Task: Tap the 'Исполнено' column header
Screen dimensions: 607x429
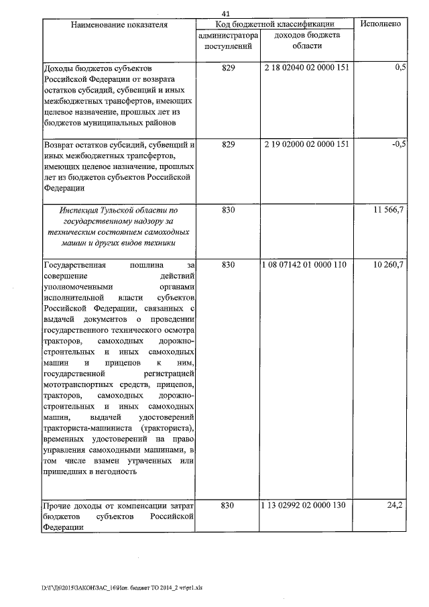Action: point(381,24)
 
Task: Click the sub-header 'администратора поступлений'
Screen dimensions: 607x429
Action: point(228,40)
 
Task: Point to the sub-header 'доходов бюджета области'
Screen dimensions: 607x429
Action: point(308,40)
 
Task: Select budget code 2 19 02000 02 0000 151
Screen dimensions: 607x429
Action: point(307,144)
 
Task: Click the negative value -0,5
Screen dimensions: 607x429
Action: point(400,144)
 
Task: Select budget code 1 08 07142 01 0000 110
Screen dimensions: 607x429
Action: point(305,265)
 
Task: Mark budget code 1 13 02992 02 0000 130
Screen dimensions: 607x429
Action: point(305,504)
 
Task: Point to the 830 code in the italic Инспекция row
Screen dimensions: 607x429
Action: point(228,211)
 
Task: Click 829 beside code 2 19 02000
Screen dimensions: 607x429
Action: point(228,144)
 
